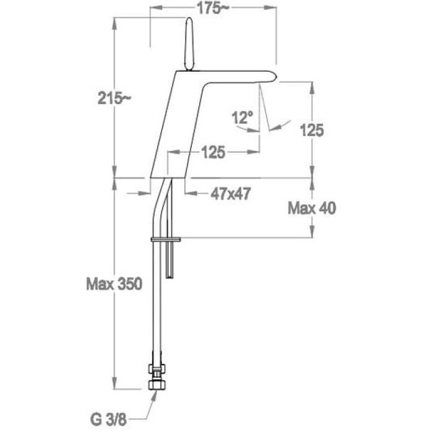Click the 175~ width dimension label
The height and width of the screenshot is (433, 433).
pos(213,9)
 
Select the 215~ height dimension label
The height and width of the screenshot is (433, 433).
pos(114,98)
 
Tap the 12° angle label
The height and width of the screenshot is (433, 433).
pos(242,118)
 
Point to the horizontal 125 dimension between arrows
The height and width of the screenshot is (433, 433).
pos(213,152)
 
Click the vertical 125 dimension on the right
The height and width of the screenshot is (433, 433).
pos(312,131)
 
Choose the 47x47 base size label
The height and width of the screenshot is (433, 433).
pos(231,194)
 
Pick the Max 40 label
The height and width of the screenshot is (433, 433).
pos(312,208)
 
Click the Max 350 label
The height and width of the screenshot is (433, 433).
pos(114,283)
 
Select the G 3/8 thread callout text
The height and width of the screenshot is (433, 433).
pos(108,420)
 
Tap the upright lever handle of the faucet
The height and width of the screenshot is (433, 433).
pos(189,44)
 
